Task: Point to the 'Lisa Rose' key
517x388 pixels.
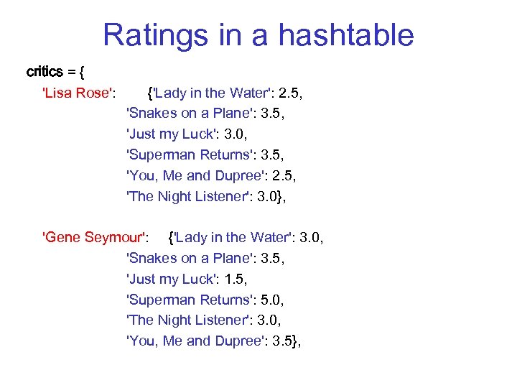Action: (80, 93)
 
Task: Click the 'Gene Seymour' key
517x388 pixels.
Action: (96, 237)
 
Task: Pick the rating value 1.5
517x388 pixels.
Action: (233, 279)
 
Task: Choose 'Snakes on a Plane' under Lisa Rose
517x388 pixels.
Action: (187, 113)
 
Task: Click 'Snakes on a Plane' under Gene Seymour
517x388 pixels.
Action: (187, 258)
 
